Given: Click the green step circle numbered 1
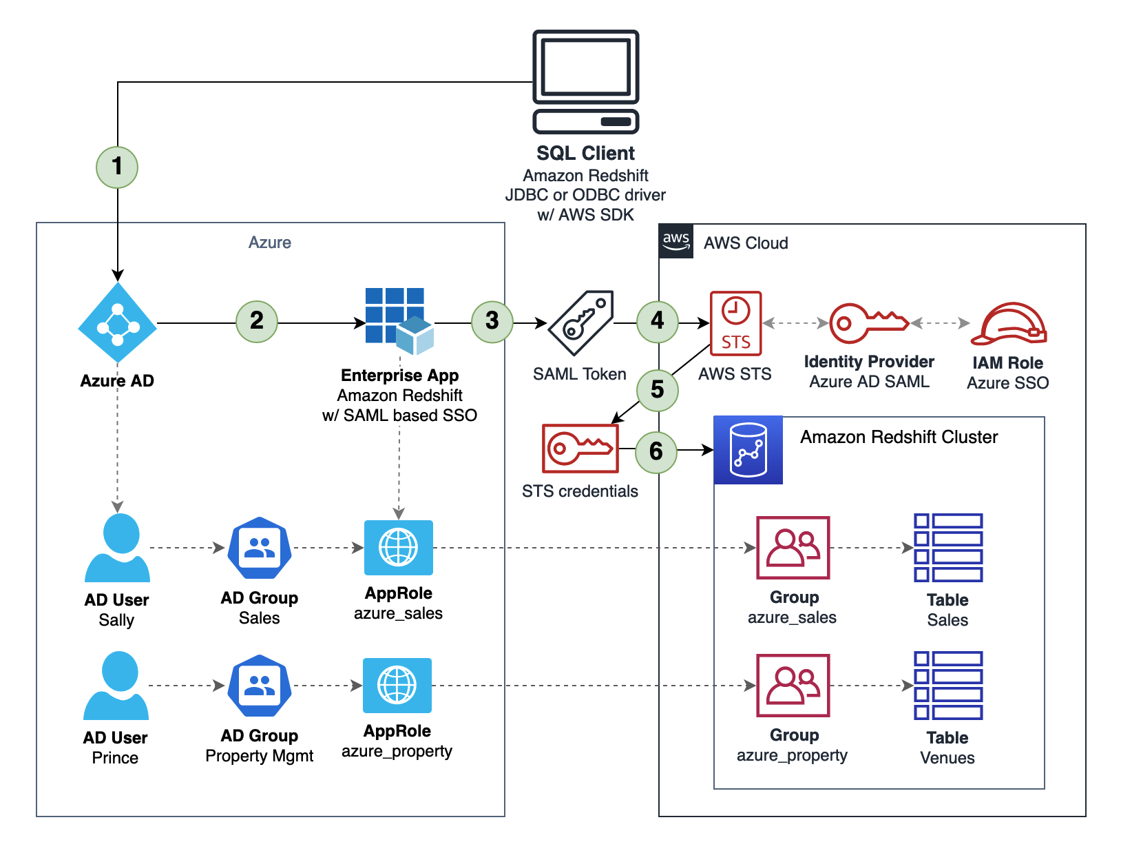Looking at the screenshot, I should [x=117, y=167].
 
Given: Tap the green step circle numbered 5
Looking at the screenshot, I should [x=658, y=390].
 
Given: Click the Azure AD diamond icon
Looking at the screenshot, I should [x=118, y=323].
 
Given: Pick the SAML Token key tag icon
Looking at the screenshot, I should [x=580, y=323].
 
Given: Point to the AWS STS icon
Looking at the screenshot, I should [x=735, y=323].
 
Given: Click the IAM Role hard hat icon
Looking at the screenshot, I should [x=1009, y=323].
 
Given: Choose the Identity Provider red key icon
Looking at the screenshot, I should [x=868, y=322].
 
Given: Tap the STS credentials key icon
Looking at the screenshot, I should [x=580, y=449].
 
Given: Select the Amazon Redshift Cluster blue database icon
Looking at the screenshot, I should [x=748, y=450].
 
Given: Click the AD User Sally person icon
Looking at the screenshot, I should [x=118, y=548].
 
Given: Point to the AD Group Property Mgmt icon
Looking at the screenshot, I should [x=260, y=686].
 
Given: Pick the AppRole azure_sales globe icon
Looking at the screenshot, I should [x=399, y=548].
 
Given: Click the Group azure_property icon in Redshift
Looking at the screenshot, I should [x=793, y=686].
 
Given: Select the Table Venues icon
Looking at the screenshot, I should [x=948, y=686].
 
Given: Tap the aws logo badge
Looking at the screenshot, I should [x=676, y=241].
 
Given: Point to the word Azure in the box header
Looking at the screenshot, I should [x=270, y=243].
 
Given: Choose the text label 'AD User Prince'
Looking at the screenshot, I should [x=116, y=748].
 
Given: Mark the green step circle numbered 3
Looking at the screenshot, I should [x=492, y=321].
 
